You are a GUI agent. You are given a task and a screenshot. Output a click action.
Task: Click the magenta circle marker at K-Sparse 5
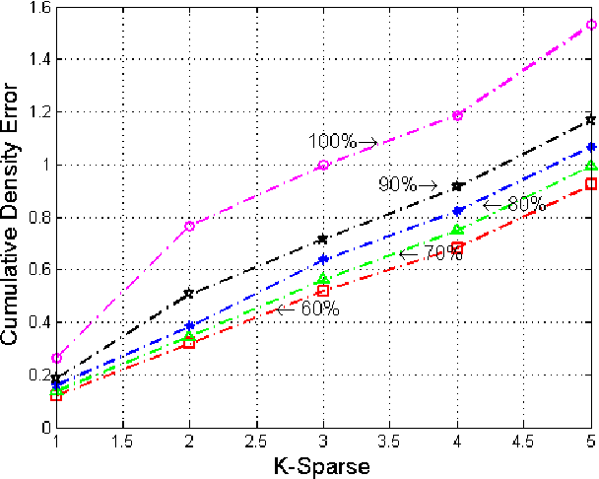tap(590, 25)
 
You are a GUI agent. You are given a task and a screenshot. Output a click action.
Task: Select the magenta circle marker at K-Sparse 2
tap(190, 226)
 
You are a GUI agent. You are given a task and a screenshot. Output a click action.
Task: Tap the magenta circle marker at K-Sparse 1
tap(57, 358)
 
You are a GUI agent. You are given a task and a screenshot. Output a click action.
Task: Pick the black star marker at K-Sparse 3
tap(323, 239)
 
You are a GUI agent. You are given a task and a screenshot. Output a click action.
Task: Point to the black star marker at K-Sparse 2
tap(190, 294)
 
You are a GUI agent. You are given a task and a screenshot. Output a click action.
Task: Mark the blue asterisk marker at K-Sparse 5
tap(590, 147)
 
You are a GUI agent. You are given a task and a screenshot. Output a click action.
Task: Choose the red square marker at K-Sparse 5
tap(590, 184)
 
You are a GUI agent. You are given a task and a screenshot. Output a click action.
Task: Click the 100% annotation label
tap(332, 141)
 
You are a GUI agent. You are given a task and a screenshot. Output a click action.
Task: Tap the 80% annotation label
tap(525, 204)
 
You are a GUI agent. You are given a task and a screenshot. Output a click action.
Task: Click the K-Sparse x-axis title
tap(323, 466)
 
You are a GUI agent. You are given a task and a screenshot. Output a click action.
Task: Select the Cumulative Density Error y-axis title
tap(11, 214)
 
